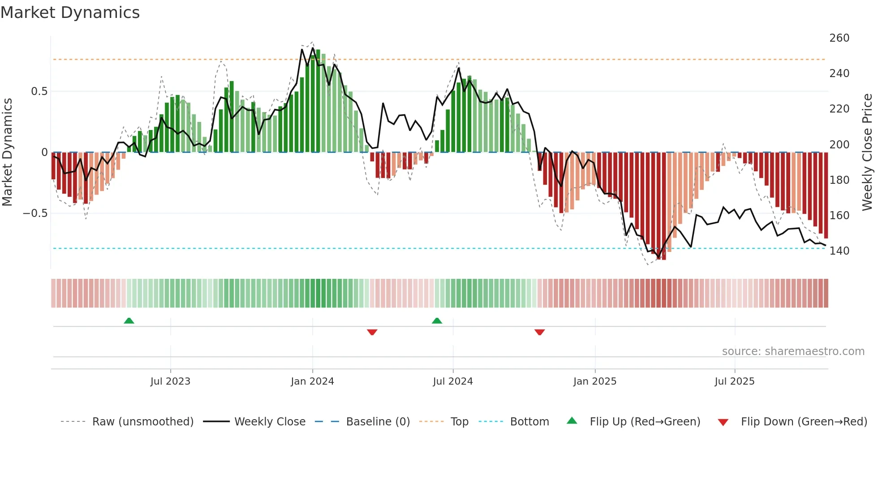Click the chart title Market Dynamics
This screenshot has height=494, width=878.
pyautogui.click(x=70, y=13)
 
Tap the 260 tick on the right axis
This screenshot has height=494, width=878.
pyautogui.click(x=839, y=38)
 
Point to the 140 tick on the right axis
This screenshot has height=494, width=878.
pyautogui.click(x=839, y=251)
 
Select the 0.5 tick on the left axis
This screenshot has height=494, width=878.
pyautogui.click(x=39, y=91)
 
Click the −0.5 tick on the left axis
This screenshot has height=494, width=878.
pyautogui.click(x=35, y=213)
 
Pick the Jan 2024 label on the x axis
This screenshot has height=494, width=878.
pyautogui.click(x=312, y=381)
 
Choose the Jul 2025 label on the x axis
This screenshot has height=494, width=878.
pyautogui.click(x=734, y=381)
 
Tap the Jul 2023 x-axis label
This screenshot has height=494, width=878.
pyautogui.click(x=170, y=381)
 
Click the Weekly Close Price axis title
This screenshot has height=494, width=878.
pyautogui.click(x=867, y=152)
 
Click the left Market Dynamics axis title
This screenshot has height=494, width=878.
pyautogui.click(x=8, y=152)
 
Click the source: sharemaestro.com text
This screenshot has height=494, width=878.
pyautogui.click(x=793, y=351)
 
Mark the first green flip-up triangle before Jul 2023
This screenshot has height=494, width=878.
pyautogui.click(x=129, y=321)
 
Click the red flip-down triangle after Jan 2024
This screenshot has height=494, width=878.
pyautogui.click(x=372, y=332)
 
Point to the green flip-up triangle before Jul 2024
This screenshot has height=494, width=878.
pyautogui.click(x=437, y=321)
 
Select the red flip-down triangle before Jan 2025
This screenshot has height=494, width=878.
pyautogui.click(x=539, y=332)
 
